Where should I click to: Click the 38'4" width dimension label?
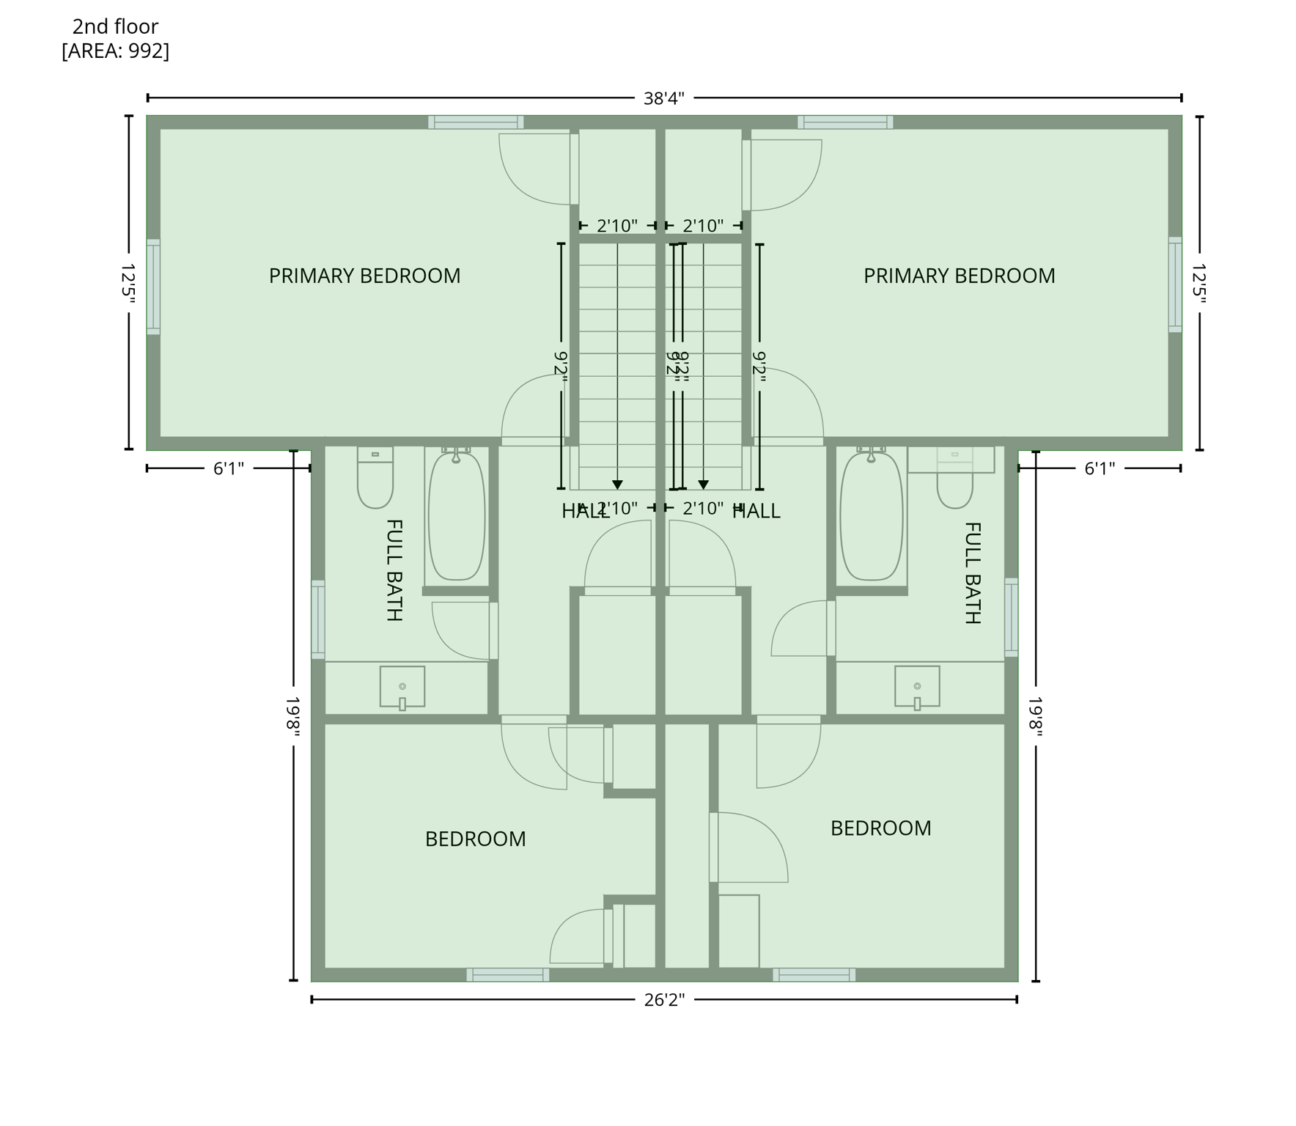(663, 98)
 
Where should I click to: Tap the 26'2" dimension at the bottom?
(664, 1000)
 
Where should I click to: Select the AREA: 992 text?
(115, 51)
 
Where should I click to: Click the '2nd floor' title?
(115, 27)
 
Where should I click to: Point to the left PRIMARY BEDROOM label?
(364, 276)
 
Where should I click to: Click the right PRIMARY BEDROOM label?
(959, 276)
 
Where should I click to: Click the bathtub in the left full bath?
(456, 515)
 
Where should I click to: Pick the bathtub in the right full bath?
(871, 515)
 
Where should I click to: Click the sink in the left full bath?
(402, 687)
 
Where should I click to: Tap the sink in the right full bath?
(917, 687)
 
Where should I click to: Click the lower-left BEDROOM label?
(475, 839)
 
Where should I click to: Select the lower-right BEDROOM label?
(880, 828)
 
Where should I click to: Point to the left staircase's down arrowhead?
(617, 485)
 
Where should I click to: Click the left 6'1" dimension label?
(229, 468)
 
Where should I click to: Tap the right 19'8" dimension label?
(1035, 716)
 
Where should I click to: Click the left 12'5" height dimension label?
(129, 283)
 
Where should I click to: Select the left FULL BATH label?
(394, 570)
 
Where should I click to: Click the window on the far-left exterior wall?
(153, 286)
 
